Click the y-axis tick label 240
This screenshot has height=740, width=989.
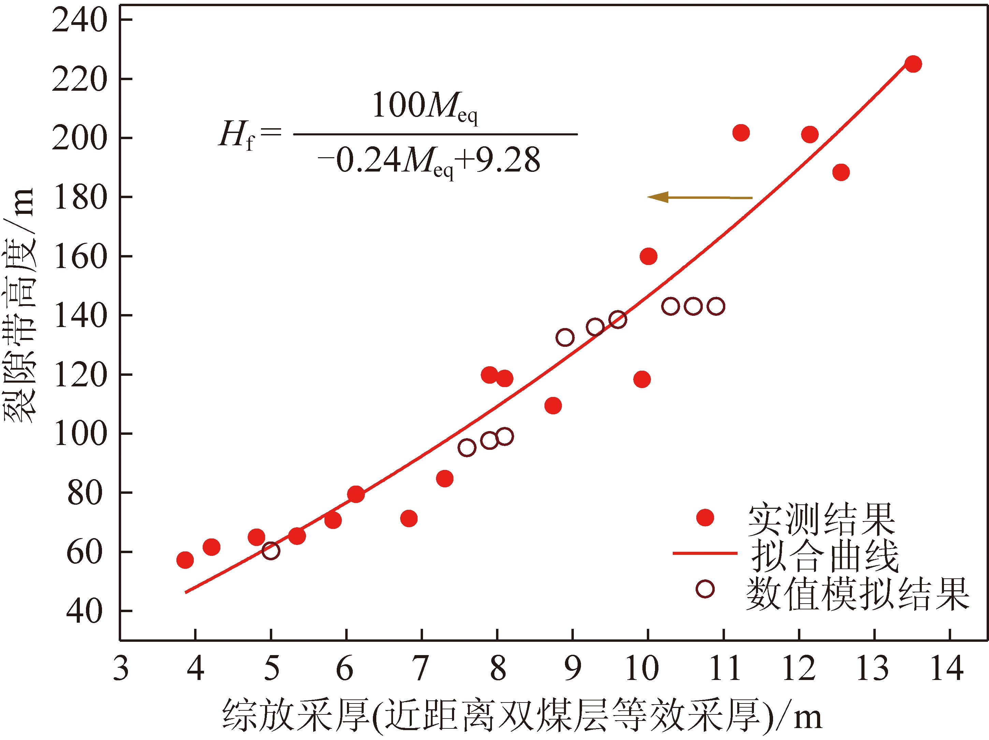(79, 20)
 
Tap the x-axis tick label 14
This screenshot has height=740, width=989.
(947, 669)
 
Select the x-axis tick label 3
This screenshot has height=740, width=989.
(121, 669)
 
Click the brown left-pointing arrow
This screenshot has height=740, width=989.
(700, 197)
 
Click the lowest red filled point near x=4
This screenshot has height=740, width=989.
(185, 560)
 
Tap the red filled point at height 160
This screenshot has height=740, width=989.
(648, 256)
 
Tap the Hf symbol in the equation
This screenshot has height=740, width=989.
(236, 135)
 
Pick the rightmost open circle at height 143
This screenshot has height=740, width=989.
(716, 307)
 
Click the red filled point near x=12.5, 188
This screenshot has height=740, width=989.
(841, 172)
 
